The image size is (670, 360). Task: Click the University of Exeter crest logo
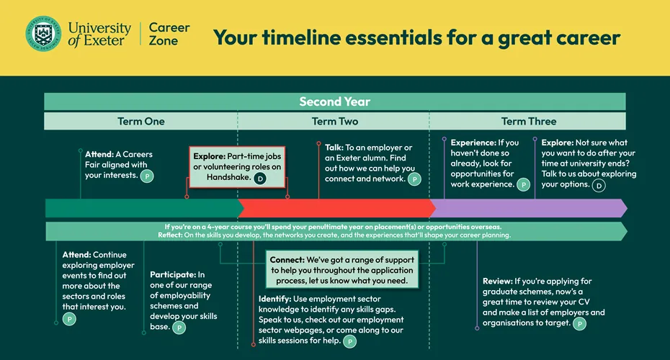(x=43, y=34)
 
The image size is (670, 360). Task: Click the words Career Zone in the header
(x=169, y=34)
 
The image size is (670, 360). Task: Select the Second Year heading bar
(x=334, y=102)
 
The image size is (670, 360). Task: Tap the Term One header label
(x=141, y=121)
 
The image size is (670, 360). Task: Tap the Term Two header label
(x=334, y=121)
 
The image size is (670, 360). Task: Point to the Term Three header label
(x=529, y=121)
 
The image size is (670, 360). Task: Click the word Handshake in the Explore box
(x=228, y=177)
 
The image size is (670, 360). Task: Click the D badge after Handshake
(x=260, y=179)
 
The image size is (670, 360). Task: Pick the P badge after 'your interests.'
(x=147, y=176)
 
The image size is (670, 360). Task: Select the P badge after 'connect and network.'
(x=414, y=179)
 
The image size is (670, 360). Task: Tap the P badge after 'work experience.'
(x=524, y=185)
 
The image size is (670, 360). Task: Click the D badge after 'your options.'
(x=599, y=185)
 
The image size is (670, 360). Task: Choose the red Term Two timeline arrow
(x=336, y=208)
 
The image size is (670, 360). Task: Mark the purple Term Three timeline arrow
(x=529, y=208)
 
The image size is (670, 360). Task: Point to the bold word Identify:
(x=274, y=299)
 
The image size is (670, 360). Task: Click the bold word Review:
(x=497, y=281)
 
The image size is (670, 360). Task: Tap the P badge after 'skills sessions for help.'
(x=349, y=341)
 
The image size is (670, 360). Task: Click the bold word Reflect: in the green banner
(x=170, y=235)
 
